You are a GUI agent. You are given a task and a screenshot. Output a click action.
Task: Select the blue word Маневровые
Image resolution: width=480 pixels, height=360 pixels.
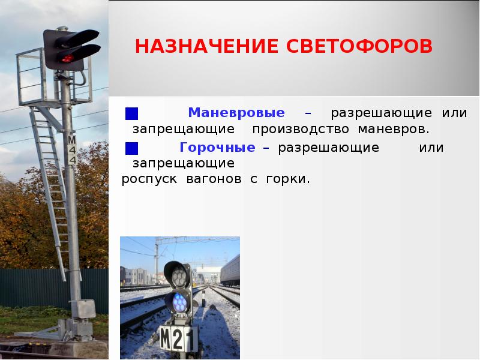(236, 113)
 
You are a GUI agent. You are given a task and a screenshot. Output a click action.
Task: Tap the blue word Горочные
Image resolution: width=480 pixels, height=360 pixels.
(217, 148)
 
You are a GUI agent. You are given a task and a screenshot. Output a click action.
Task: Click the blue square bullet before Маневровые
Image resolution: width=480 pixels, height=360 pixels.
(132, 113)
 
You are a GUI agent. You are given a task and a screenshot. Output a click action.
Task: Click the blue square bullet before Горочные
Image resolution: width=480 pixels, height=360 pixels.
(132, 148)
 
